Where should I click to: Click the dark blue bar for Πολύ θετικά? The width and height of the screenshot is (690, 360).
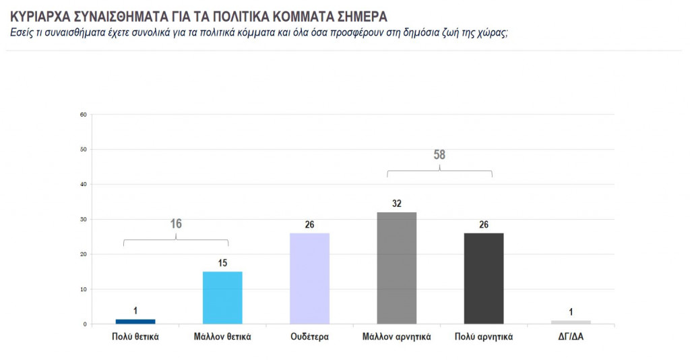(x=135, y=322)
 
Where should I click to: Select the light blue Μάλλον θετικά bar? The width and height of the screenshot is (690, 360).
(x=222, y=297)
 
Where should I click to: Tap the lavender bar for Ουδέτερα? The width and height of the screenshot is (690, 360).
(x=309, y=278)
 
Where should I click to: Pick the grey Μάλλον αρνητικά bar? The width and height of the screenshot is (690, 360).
(x=396, y=268)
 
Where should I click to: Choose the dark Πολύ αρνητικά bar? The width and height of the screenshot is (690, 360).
(x=483, y=278)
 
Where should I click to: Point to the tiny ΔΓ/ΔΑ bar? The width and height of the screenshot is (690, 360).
(x=570, y=322)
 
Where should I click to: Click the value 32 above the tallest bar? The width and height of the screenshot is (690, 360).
(x=396, y=203)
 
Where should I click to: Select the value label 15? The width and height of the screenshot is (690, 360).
(x=222, y=262)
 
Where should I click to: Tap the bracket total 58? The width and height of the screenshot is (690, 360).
(x=439, y=155)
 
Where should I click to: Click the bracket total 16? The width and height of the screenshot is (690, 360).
(x=176, y=224)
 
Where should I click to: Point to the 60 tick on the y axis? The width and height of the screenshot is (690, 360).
(x=84, y=114)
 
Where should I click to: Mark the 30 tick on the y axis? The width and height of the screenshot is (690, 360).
(x=84, y=219)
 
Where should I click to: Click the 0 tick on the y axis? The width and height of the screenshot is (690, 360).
(x=86, y=324)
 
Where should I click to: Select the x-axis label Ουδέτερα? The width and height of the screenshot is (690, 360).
(x=309, y=336)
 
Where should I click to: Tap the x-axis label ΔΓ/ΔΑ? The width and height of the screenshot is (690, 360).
(x=570, y=336)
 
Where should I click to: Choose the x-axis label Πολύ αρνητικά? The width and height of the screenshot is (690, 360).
(x=483, y=336)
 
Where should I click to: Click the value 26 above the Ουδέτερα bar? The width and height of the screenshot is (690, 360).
(x=309, y=224)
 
